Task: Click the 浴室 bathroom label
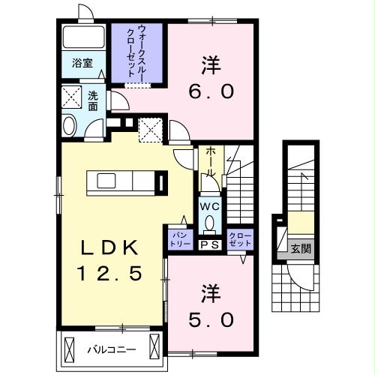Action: point(82,64)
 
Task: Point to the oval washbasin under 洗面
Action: point(70,125)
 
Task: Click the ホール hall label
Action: point(211,162)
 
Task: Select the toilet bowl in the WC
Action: point(210,222)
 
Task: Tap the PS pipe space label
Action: point(209,244)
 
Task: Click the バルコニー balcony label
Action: point(111,349)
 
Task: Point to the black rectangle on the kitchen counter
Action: point(161,182)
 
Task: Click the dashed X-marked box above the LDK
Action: point(151,130)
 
